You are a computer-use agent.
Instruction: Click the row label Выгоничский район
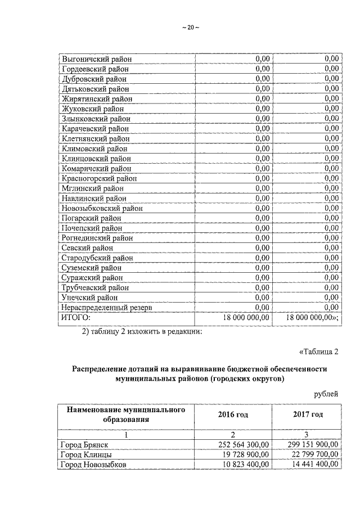pyautogui.click(x=94, y=58)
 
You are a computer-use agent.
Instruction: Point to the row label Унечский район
pyautogui.click(x=89, y=298)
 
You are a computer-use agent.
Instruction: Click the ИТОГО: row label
pyautogui.click(x=75, y=318)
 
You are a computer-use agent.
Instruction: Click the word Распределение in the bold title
pyautogui.click(x=100, y=369)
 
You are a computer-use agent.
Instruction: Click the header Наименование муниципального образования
pyautogui.click(x=126, y=415)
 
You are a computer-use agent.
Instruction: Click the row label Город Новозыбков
pyautogui.click(x=93, y=465)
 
